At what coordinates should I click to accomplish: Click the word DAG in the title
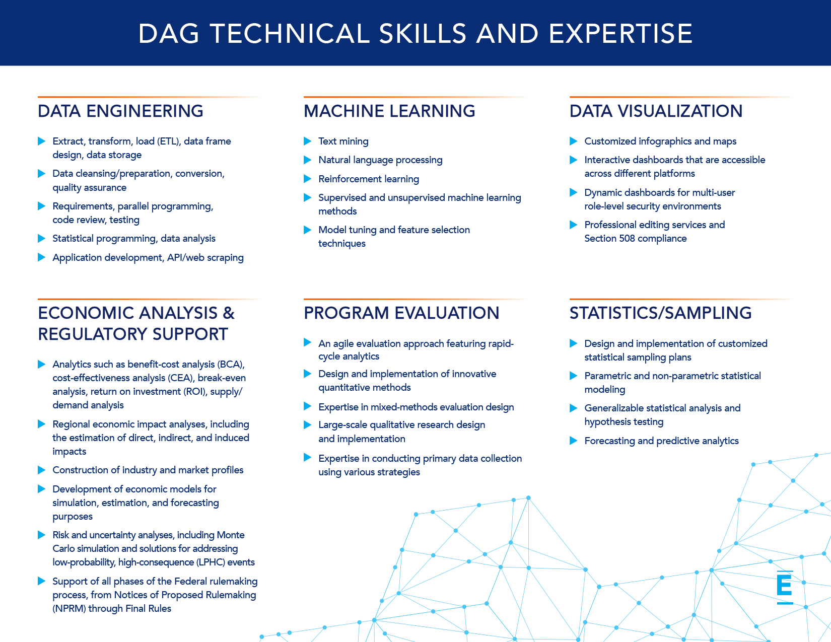(169, 34)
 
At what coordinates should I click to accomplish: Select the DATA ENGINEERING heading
(120, 111)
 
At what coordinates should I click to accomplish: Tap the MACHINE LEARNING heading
(389, 111)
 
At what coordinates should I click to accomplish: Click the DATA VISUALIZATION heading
(656, 111)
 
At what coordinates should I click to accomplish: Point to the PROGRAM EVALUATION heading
(401, 313)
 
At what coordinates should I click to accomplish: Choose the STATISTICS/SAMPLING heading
(660, 313)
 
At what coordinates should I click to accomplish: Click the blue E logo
(785, 587)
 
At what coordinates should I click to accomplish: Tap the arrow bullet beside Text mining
(307, 141)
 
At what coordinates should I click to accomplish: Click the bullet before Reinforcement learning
(307, 179)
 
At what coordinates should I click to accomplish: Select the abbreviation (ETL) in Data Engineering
(169, 141)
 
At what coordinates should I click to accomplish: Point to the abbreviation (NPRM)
(69, 608)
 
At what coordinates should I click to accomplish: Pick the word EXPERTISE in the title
(620, 34)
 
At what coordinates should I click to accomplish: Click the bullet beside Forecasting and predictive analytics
(573, 441)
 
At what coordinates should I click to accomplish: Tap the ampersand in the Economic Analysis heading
(228, 313)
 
